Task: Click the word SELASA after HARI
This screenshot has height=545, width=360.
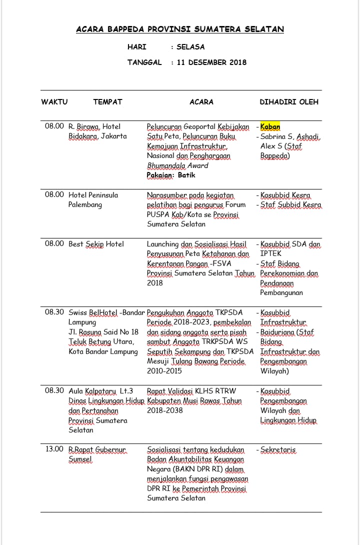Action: pos(190,47)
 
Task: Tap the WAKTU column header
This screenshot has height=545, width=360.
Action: pos(54,102)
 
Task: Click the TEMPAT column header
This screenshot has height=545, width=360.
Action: pos(107,102)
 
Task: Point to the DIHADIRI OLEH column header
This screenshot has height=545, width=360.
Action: pos(289,102)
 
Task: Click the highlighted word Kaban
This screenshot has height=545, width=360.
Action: pos(270,126)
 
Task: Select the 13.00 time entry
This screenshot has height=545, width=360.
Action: pos(54,449)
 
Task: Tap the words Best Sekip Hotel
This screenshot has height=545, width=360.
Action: pos(96,244)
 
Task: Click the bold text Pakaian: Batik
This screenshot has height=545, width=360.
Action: pos(171,175)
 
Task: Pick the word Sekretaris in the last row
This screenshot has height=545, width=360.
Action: pos(278,449)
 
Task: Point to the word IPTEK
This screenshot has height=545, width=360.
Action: pos(271,253)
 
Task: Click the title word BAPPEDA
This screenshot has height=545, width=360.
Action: pos(123,29)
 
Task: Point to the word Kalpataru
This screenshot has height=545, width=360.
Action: pos(99,391)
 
